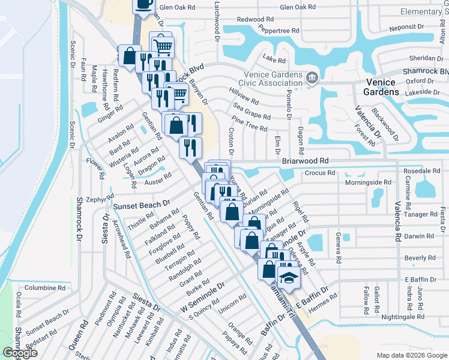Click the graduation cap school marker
[289, 277]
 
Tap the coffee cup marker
[143, 4]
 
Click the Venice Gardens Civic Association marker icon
[312, 77]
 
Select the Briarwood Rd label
[306, 161]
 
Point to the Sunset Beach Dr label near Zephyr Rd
[142, 205]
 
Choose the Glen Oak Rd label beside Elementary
[297, 7]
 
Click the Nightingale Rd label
[403, 316]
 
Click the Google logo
[19, 353]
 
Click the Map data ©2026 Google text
[411, 355]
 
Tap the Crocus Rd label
[320, 173]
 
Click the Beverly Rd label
[420, 258]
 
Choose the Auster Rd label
[158, 178]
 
